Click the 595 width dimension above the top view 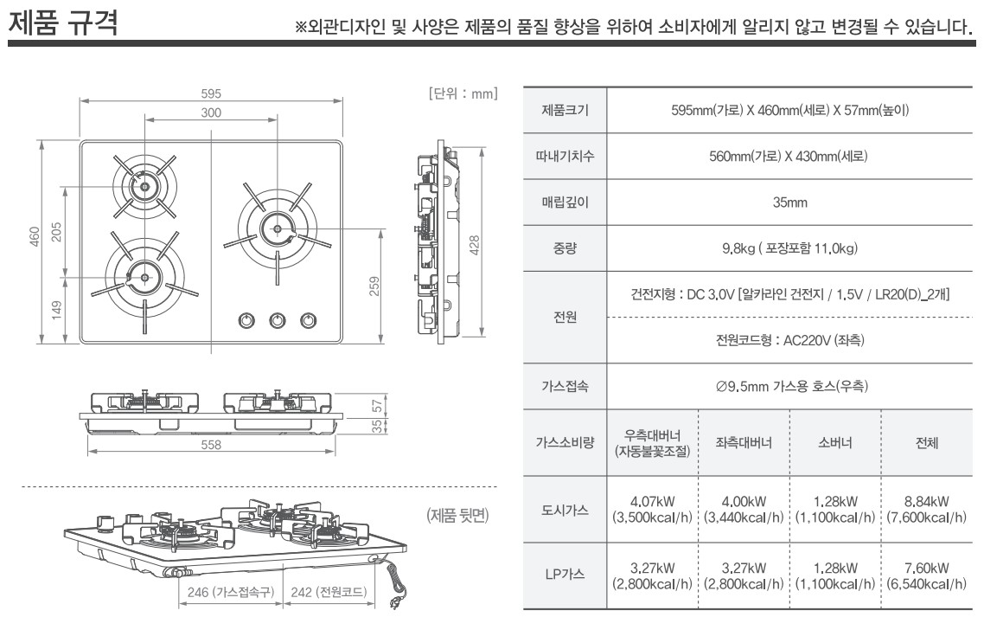(x=211, y=93)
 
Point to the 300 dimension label (x=211, y=112)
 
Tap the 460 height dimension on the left (x=35, y=237)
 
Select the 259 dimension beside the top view (x=374, y=286)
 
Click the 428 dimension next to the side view (x=475, y=245)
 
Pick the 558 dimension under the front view (x=211, y=445)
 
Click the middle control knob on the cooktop (x=278, y=320)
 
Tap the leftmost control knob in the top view (x=246, y=320)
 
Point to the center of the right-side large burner (x=278, y=229)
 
